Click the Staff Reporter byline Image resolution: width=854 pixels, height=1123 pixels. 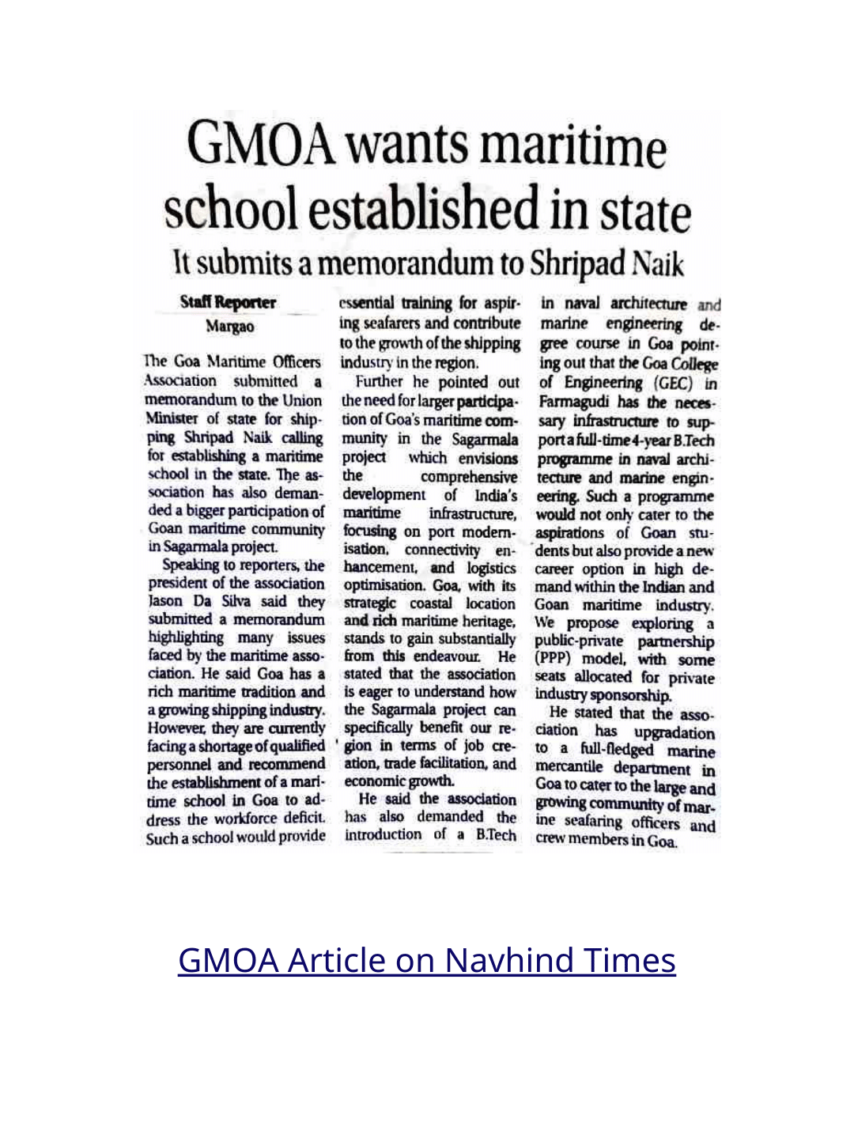point(228,303)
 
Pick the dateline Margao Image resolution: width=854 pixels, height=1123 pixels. point(230,327)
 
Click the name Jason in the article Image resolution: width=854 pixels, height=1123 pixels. point(165,602)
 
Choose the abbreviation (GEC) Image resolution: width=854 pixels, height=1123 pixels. point(673,384)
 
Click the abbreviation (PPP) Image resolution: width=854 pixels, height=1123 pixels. point(553,659)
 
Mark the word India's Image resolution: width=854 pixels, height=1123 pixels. point(496,496)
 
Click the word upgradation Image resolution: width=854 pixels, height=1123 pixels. point(675,733)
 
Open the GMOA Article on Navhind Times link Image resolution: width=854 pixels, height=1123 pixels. point(426,960)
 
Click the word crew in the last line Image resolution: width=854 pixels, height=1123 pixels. point(551,840)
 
